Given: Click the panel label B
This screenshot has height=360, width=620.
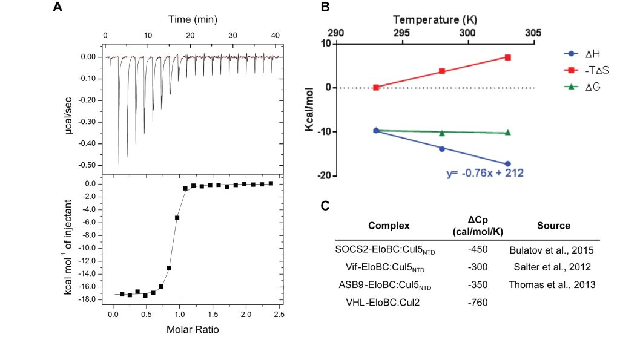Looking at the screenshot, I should click(325, 7).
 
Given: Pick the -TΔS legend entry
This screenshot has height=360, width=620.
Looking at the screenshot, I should click(585, 71).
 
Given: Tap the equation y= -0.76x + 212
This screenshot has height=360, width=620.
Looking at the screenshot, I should click(484, 173).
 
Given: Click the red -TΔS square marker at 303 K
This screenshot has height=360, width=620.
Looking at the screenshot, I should click(507, 57).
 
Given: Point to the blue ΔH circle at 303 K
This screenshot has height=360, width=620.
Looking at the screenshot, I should click(507, 164).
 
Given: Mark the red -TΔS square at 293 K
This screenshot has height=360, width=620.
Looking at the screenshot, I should click(376, 87).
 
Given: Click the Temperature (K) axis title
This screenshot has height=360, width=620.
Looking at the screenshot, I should click(435, 19).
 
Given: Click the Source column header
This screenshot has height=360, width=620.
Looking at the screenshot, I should click(553, 226).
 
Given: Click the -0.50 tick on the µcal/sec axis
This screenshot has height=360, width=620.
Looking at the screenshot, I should click(88, 165).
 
